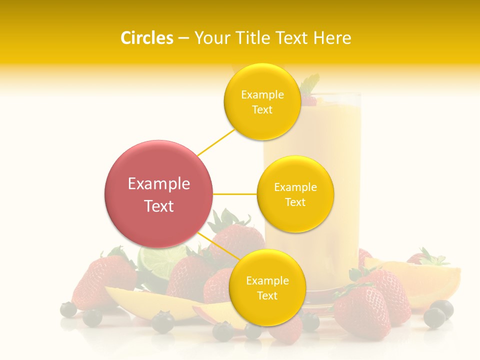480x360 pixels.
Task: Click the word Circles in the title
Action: point(147,38)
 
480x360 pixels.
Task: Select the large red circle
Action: point(158,194)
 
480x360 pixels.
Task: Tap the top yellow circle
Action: point(262,102)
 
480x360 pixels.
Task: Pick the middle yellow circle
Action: point(295,194)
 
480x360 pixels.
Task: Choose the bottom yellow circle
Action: point(267,288)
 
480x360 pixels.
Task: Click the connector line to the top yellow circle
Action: point(216,141)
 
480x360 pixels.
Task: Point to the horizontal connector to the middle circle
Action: point(235,194)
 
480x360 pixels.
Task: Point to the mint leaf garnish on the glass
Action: point(310,83)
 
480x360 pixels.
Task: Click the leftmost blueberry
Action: point(68,309)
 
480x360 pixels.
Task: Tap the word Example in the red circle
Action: point(158,184)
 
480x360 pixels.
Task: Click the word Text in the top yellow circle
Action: point(262,110)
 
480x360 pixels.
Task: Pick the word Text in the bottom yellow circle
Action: point(267,296)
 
